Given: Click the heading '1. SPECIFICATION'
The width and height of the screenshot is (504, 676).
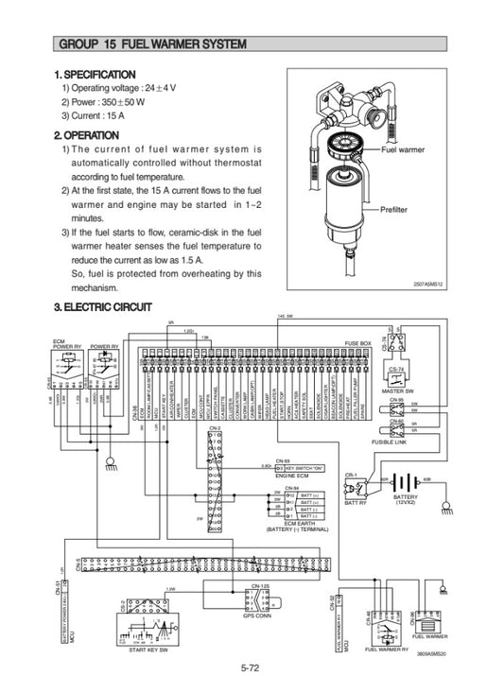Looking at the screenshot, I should click(96, 75).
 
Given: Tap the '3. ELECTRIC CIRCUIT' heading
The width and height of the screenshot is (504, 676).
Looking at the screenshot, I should click(102, 306).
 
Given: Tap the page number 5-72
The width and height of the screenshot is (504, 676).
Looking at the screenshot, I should click(252, 667).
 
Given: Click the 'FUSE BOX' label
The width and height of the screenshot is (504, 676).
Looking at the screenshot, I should click(357, 343).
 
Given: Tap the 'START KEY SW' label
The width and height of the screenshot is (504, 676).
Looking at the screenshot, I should click(150, 651).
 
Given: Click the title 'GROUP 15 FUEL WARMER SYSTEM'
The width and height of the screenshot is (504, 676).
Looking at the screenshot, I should click(152, 44).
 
